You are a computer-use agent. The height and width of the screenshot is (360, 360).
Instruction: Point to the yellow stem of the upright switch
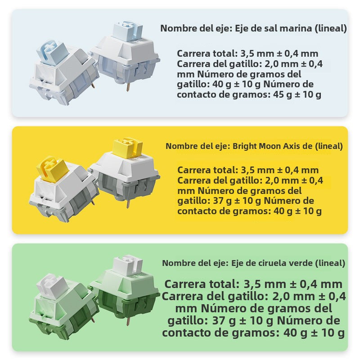click(x=128, y=148)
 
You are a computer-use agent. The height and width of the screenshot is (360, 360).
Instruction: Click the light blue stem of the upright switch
click(x=128, y=31)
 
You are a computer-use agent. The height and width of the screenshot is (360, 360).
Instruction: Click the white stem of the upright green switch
click(x=128, y=265)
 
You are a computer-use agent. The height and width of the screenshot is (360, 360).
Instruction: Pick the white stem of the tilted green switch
click(x=52, y=286)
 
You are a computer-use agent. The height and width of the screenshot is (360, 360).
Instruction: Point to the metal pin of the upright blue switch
click(x=129, y=87)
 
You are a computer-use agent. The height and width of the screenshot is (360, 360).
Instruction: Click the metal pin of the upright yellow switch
click(x=128, y=203)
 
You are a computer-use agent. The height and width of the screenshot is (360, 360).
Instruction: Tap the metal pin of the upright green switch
click(x=128, y=320)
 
